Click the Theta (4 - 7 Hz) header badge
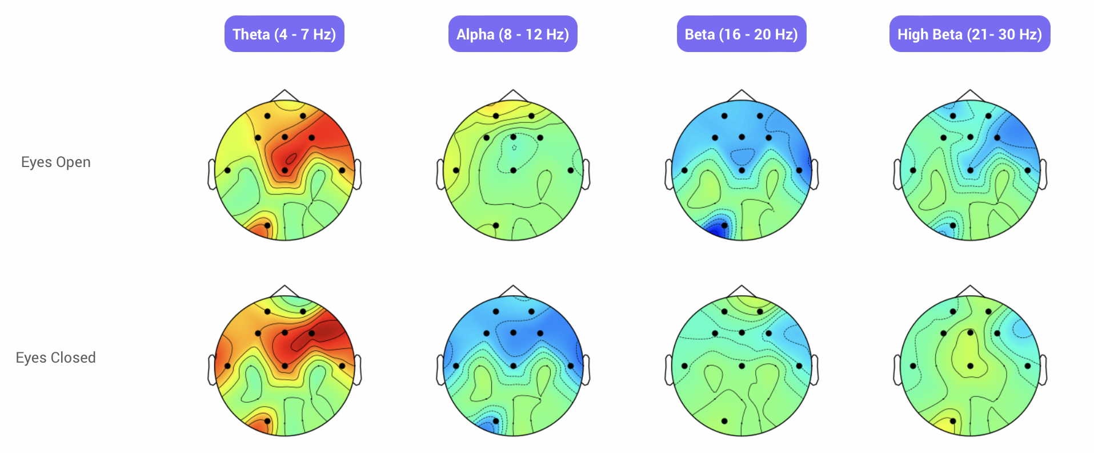[284, 34]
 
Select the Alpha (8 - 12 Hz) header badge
[512, 34]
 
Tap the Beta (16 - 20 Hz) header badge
[741, 34]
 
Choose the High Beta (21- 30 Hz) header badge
[969, 34]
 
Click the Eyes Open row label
[56, 162]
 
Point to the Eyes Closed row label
[56, 358]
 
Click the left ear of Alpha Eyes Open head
[440, 174]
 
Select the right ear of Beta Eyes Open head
[815, 174]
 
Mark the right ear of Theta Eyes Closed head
[358, 370]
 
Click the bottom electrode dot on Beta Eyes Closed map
[724, 421]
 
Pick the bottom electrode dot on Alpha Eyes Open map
[496, 225]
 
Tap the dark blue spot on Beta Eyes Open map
[716, 230]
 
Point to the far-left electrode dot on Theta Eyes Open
[227, 170]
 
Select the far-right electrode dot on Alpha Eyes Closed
[571, 366]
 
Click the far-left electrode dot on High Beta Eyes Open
[913, 170]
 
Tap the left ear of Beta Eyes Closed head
[668, 370]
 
